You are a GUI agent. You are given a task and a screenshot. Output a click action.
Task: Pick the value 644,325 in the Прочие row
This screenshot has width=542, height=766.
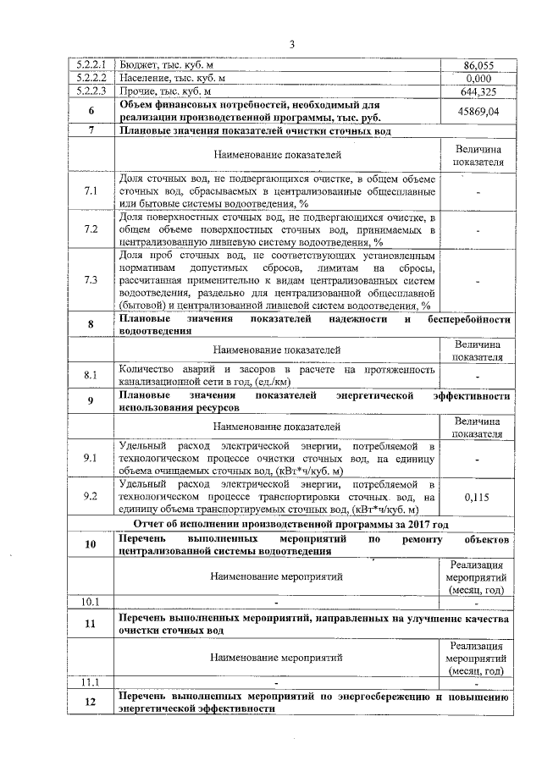pyautogui.click(x=478, y=91)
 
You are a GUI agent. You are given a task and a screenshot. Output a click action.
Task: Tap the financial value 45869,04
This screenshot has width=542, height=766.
pyautogui.click(x=478, y=111)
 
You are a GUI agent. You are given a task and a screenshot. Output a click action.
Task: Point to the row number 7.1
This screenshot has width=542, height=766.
pyautogui.click(x=91, y=191)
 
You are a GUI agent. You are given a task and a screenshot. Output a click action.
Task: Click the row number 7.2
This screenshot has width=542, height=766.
pyautogui.click(x=91, y=229)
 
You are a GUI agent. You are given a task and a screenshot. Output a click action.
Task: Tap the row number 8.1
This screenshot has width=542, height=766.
pyautogui.click(x=91, y=374)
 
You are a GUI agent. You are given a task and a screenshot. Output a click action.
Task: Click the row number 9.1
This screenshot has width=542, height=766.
pyautogui.click(x=91, y=458)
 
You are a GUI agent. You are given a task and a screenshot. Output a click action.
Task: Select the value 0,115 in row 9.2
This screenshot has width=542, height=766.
pyautogui.click(x=478, y=498)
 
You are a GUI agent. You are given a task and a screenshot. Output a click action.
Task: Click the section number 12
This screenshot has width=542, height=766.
pyautogui.click(x=91, y=702)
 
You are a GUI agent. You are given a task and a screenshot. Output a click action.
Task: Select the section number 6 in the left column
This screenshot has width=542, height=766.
pyautogui.click(x=91, y=111)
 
